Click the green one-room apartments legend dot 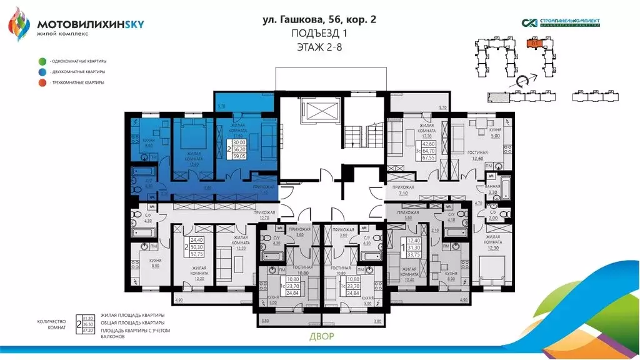pos(42,61)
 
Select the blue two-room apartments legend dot pos(42,72)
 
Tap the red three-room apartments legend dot pos(42,82)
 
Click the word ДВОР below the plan pos(321,337)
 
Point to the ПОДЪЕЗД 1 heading pos(320,33)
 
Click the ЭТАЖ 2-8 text pos(320,46)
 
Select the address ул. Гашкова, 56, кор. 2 pos(319,20)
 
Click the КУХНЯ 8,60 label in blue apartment pos(141,142)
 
